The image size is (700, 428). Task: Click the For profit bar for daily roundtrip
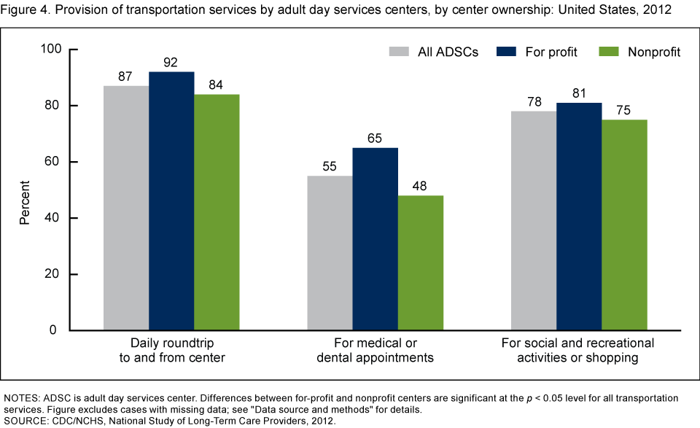point(171,201)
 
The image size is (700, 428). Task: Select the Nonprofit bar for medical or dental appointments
point(421,262)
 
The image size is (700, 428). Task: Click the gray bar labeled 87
point(126,208)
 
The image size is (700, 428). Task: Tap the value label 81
point(579,94)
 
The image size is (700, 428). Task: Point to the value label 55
point(330,167)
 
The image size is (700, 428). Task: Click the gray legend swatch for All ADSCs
point(399,52)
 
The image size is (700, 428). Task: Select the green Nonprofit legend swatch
point(609,52)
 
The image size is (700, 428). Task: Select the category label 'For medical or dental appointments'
point(375,350)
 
